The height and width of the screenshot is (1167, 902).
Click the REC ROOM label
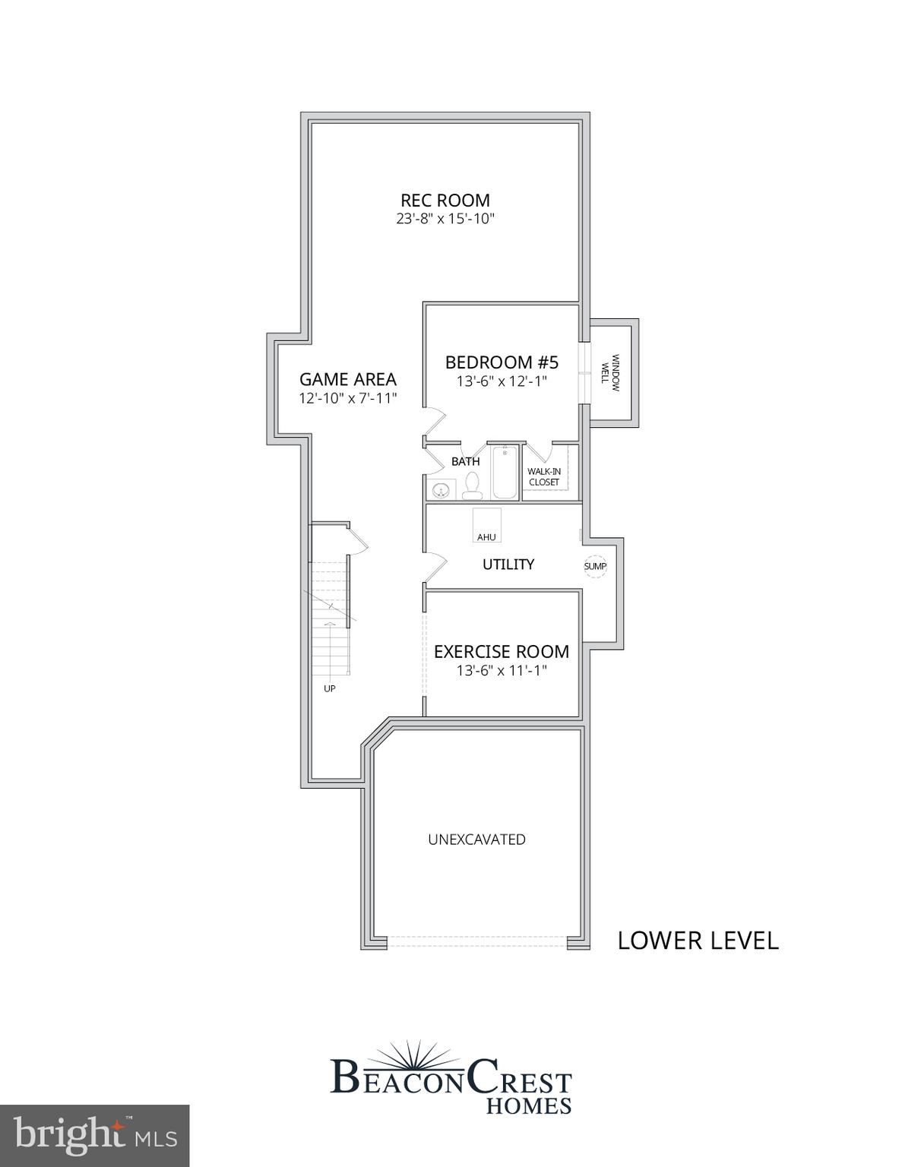[445, 201]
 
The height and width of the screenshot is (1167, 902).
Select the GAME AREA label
[347, 379]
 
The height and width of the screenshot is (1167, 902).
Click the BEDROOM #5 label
[502, 362]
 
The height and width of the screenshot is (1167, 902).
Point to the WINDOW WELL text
[611, 372]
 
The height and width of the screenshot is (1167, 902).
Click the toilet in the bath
[472, 485]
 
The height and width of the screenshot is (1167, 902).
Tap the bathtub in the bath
[505, 473]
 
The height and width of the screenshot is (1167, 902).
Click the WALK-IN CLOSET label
[544, 477]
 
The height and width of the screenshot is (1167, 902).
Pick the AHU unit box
[486, 525]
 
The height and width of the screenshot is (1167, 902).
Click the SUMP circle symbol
[595, 566]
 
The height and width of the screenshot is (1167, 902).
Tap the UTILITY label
[508, 565]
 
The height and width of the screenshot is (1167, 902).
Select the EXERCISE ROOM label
[502, 652]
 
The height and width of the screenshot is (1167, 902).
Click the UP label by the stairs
[330, 688]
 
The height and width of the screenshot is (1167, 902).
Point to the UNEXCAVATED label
[476, 840]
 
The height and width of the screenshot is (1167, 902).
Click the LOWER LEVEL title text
[698, 941]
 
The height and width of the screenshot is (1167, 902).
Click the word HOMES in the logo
[528, 1105]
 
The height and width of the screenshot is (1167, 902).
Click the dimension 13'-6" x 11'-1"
[502, 671]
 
